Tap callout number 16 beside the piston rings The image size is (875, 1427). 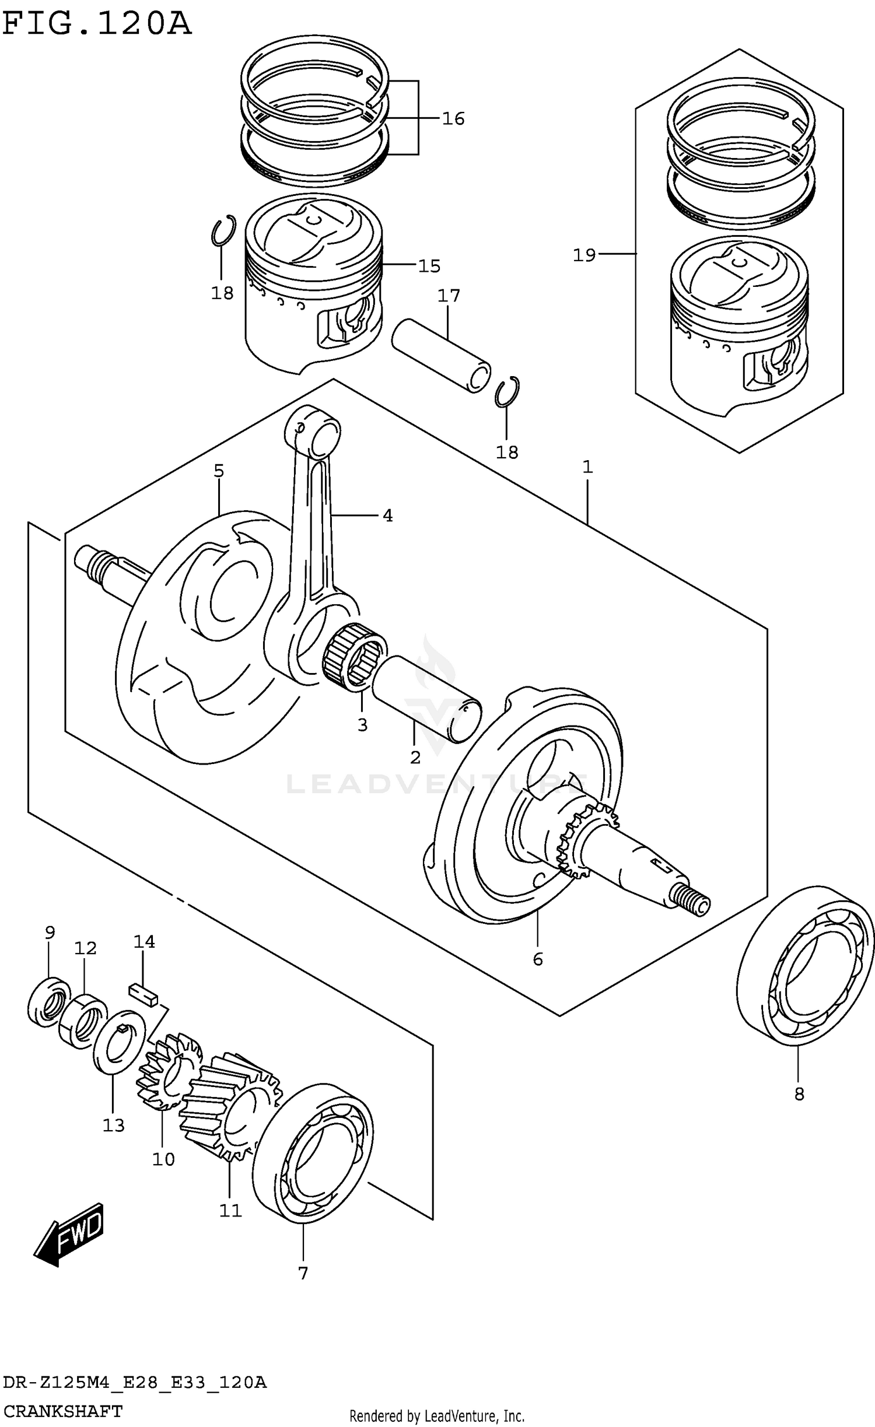[453, 119]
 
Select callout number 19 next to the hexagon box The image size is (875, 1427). [584, 255]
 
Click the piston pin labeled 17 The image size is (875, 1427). [440, 355]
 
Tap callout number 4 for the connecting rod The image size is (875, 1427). [387, 516]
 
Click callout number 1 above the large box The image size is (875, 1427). [587, 467]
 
